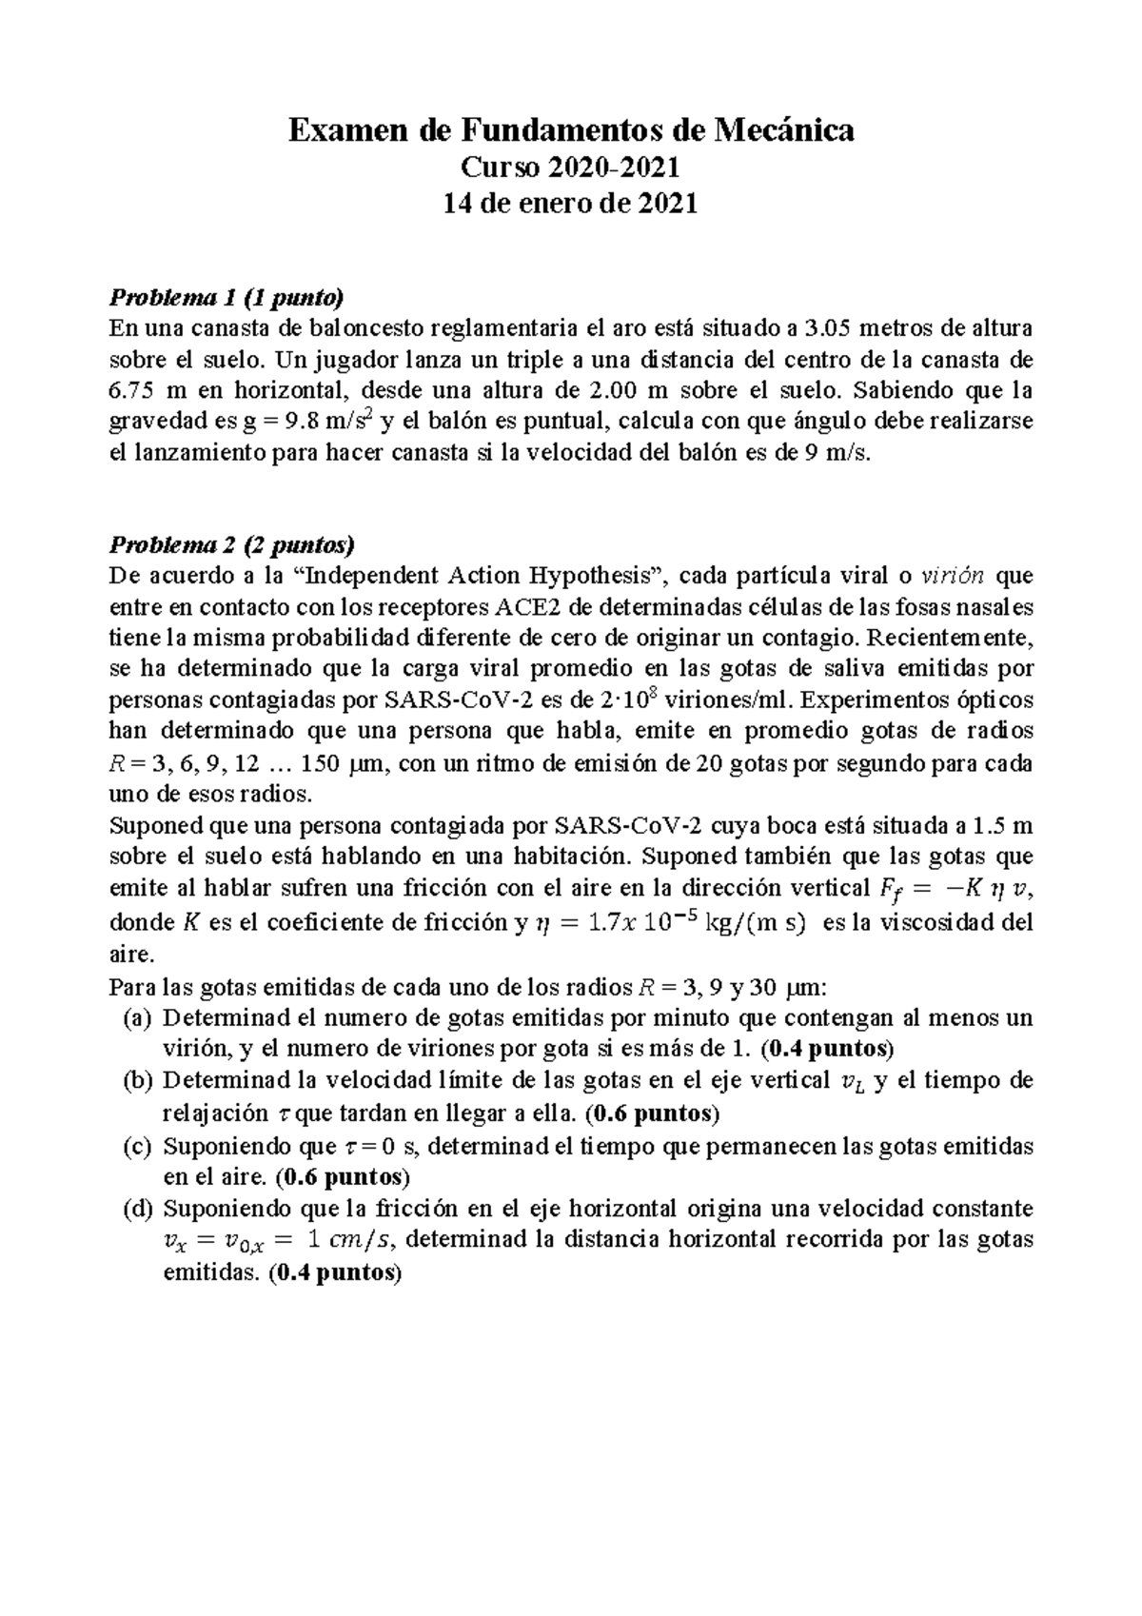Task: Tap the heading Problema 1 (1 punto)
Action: pyautogui.click(x=226, y=298)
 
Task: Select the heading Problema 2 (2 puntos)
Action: pyautogui.click(x=231, y=545)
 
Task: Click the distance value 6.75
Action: pyautogui.click(x=131, y=391)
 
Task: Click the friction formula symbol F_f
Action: pyautogui.click(x=885, y=889)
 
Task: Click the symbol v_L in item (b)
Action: pyautogui.click(x=842, y=1082)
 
